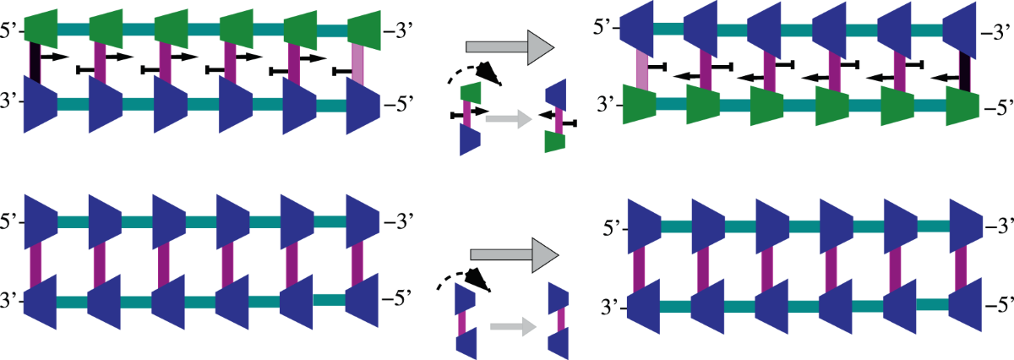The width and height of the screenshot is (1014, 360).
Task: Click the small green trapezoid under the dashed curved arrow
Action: [471, 92]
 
